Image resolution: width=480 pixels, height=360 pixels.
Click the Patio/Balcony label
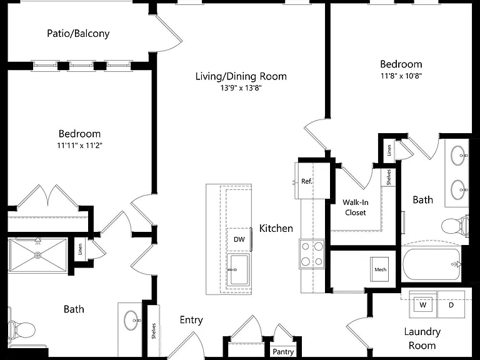pos(78,33)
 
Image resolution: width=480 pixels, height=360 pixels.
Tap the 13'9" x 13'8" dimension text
pos(241,88)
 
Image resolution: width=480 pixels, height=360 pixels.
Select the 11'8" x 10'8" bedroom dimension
pos(401,76)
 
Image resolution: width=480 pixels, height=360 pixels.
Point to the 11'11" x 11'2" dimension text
pos(79,146)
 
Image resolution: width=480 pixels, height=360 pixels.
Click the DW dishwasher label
pos(239,239)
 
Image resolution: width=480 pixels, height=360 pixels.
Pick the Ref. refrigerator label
pos(306,181)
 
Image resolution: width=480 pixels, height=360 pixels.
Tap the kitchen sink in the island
pos(239,270)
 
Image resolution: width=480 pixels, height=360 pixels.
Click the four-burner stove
pos(312,254)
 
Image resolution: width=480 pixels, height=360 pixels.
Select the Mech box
pos(380,269)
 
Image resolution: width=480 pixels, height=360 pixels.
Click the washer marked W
pos(423,305)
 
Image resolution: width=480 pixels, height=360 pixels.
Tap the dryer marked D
pos(451,304)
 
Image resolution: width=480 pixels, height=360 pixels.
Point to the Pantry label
pos(283,352)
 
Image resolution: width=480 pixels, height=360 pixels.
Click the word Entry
pos(191,320)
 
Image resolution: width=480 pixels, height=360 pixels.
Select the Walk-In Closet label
pos(356,207)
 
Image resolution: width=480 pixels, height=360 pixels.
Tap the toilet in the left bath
pos(21,330)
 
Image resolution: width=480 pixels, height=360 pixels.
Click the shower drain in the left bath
pos(37,255)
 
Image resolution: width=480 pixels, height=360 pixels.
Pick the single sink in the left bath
pos(132,321)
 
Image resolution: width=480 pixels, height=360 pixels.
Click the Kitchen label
pos(276,228)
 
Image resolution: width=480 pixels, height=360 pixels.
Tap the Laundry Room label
pos(422,338)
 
